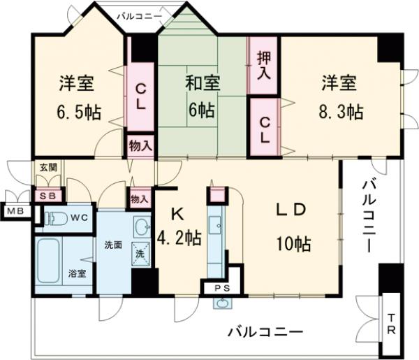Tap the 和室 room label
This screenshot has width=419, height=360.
pos(203,83)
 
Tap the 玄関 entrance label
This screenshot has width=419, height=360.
pos(47,167)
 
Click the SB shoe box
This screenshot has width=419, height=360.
pos(48,196)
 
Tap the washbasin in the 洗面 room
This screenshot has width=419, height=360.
pos(142,228)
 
